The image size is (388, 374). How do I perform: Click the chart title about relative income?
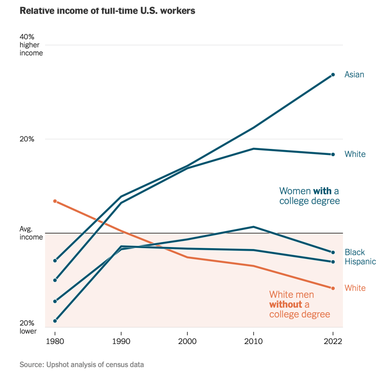click(107, 11)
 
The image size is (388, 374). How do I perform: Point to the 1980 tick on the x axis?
click(55, 341)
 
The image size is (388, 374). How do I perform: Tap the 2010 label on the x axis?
click(253, 341)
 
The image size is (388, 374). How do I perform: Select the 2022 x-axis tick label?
click(333, 341)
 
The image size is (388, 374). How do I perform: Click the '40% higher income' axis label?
click(31, 45)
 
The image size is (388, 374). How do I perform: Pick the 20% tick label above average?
click(27, 139)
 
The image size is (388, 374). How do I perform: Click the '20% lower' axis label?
click(28, 327)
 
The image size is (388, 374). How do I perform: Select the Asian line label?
click(354, 75)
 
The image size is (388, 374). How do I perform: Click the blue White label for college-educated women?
click(355, 154)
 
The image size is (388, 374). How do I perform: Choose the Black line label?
click(355, 252)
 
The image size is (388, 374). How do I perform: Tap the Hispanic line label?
click(360, 261)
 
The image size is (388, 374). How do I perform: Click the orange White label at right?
click(355, 288)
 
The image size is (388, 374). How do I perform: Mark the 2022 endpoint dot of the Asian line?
click(333, 75)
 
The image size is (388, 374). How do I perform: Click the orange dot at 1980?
click(55, 201)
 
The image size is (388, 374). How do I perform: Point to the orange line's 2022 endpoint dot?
click(333, 288)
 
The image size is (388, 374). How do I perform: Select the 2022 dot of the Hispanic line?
click(333, 262)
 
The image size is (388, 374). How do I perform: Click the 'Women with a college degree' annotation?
click(309, 196)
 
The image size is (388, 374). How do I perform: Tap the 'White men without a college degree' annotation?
click(299, 304)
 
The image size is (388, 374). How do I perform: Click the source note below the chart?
click(82, 365)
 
